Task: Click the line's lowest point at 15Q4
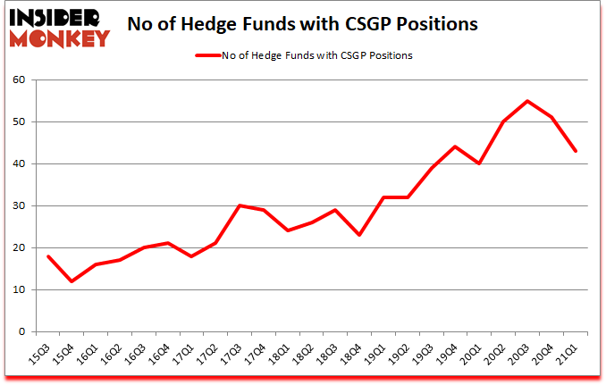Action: coord(72,281)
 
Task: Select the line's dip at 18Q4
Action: coord(358,235)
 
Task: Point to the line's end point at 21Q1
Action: coord(576,151)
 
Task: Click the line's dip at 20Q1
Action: coord(479,163)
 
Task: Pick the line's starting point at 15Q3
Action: coord(48,256)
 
